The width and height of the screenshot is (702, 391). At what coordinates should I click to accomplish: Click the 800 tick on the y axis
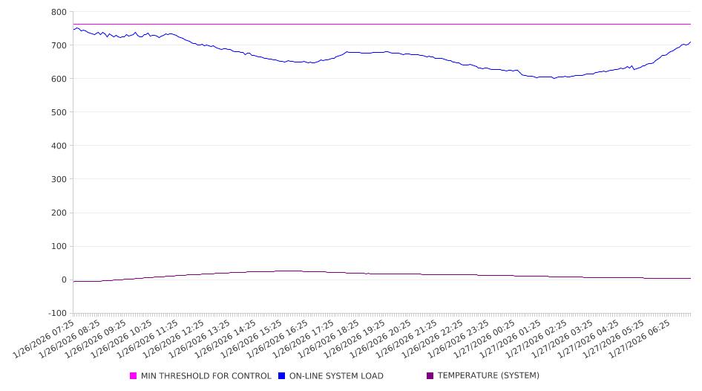pyautogui.click(x=58, y=12)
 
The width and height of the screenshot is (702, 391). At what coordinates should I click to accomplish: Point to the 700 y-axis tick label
pyautogui.click(x=58, y=45)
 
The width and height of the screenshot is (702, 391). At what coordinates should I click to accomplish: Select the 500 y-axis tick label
pyautogui.click(x=58, y=112)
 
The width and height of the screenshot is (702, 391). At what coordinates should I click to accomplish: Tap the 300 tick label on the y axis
pyautogui.click(x=58, y=179)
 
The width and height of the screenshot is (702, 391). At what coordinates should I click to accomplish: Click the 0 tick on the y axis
pyautogui.click(x=63, y=280)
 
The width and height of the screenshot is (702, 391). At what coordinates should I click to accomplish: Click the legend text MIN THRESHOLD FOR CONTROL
pyautogui.click(x=206, y=376)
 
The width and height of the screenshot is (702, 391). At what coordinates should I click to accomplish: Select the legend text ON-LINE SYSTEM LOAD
pyautogui.click(x=336, y=376)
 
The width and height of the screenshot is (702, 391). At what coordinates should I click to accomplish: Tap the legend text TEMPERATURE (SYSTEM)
pyautogui.click(x=488, y=376)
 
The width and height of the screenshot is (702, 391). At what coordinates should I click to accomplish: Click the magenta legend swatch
pyautogui.click(x=134, y=376)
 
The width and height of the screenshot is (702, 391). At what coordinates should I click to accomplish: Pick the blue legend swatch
pyautogui.click(x=282, y=376)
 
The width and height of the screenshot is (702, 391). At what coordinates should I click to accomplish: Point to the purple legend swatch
pyautogui.click(x=430, y=376)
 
